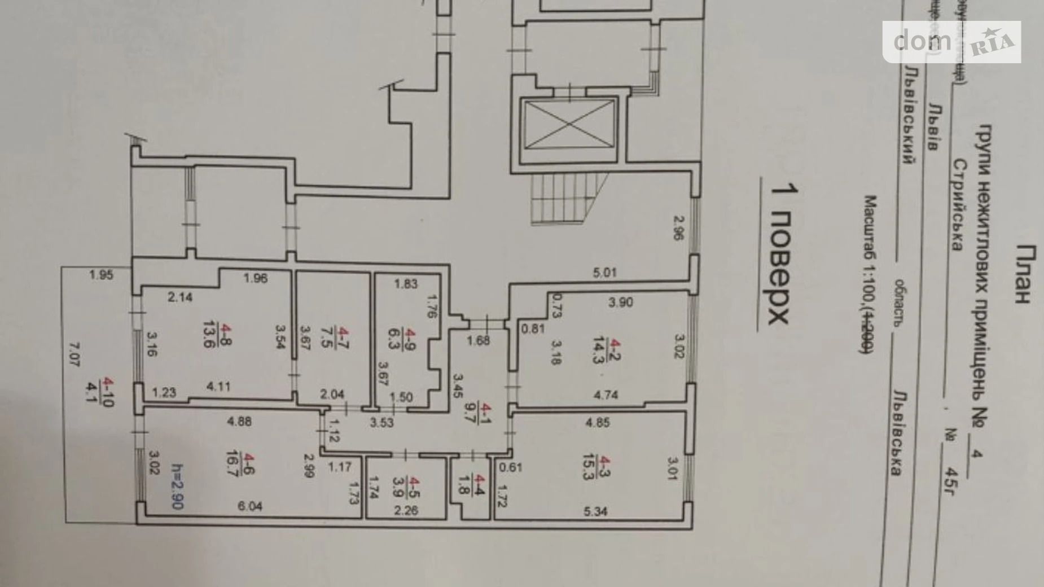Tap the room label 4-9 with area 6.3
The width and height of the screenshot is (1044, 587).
pos(411,339)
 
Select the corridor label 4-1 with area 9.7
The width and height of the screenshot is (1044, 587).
pos(482,411)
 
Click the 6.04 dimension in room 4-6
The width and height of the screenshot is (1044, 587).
pos(250,506)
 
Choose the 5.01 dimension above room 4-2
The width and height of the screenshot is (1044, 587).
pos(604,273)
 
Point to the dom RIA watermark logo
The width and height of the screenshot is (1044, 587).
pos(951,42)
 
